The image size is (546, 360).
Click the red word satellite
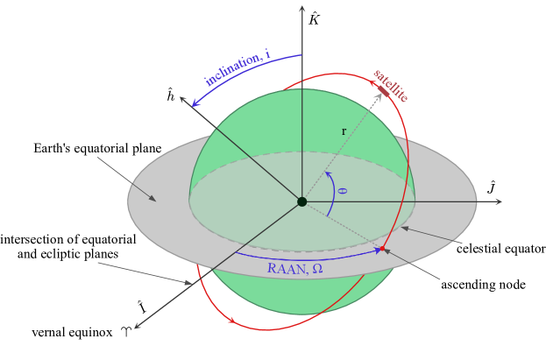391,85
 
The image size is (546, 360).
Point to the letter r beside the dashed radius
344,131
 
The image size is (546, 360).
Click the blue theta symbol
342,189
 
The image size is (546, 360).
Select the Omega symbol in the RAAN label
317,268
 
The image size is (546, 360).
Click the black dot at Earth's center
301,201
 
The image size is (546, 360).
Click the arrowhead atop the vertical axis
301,8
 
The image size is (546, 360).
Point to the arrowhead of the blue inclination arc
195,104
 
